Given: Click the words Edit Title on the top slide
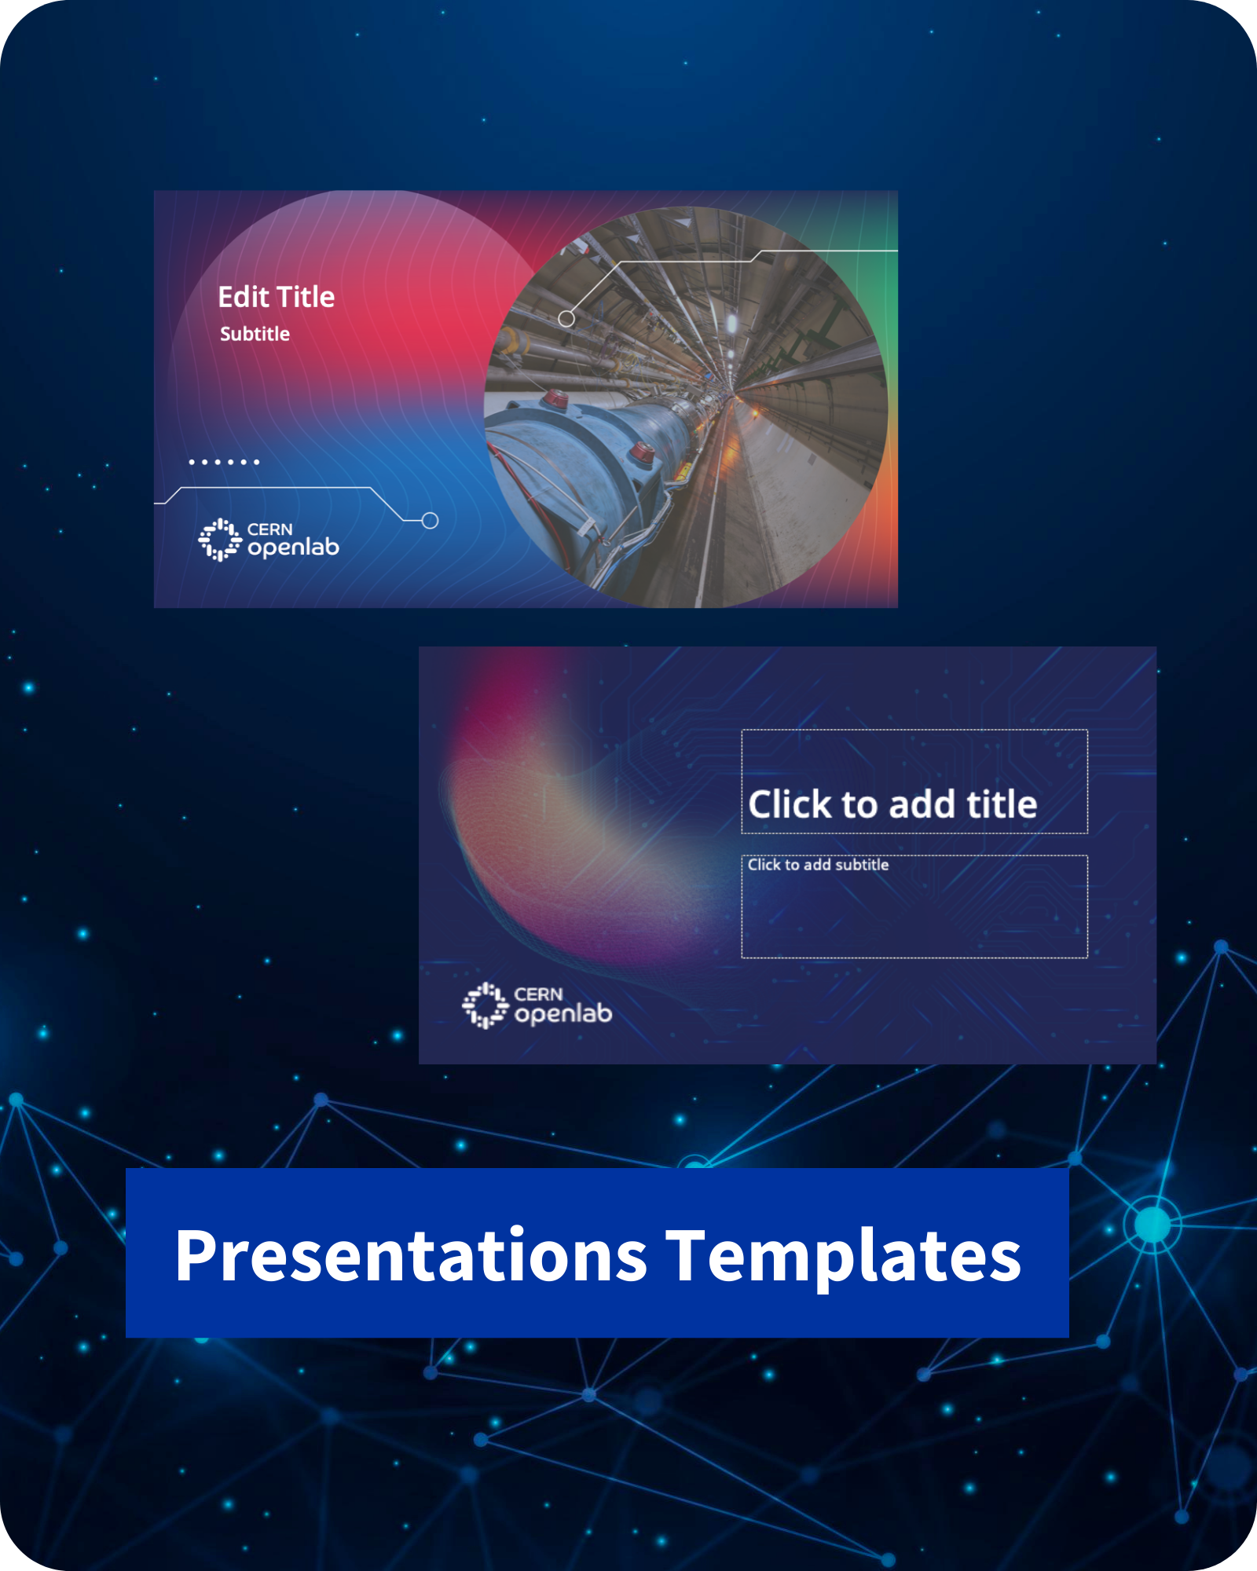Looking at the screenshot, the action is (277, 297).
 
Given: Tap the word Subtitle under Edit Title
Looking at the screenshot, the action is (255, 334).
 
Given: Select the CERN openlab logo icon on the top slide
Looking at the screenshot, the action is (219, 540).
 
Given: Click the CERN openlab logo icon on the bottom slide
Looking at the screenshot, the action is (485, 1005).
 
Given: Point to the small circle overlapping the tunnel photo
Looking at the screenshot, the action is (566, 318).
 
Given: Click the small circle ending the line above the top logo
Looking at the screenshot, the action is (430, 520).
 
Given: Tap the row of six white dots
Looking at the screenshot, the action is (224, 462).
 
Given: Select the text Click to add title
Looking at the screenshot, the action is (892, 804).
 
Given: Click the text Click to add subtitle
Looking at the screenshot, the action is (818, 865).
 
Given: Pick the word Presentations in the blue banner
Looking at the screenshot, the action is (411, 1255).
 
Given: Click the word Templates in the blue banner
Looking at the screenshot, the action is (844, 1255).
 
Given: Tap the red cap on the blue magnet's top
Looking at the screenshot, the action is (556, 398).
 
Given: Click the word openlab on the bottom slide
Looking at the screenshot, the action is (563, 1013).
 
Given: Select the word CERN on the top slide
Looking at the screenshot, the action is (269, 529).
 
